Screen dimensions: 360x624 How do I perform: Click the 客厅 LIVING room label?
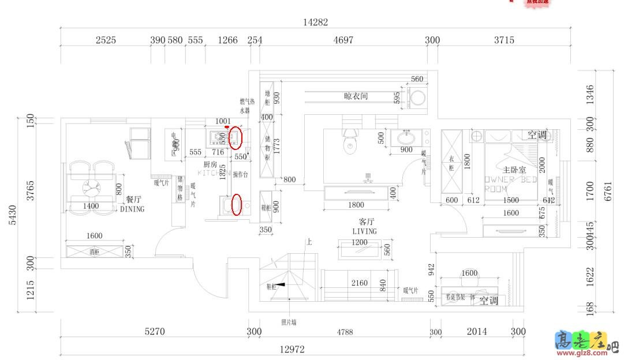click(x=364, y=226)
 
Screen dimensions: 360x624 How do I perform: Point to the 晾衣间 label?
click(x=356, y=96)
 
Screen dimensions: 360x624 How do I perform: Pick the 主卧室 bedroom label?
click(x=514, y=170)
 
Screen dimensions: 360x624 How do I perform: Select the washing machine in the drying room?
click(x=417, y=96)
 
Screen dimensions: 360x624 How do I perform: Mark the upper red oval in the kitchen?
click(x=236, y=138)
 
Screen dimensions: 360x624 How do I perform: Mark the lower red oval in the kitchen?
click(x=236, y=205)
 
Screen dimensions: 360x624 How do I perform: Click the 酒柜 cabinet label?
click(x=94, y=252)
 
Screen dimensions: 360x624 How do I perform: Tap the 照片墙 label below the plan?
click(x=289, y=322)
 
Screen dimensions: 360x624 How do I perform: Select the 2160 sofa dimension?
click(x=359, y=283)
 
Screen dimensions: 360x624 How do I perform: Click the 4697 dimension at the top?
click(x=343, y=40)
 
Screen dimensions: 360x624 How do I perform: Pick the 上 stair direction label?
click(x=309, y=242)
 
